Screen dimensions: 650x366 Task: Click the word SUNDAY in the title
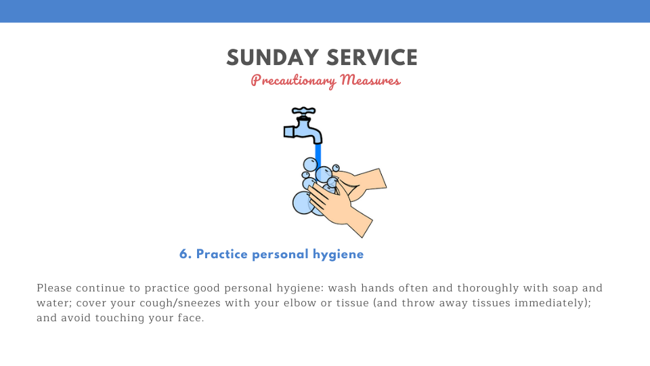[272, 58]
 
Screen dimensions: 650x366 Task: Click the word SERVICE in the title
[372, 58]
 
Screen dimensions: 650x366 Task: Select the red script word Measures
[370, 80]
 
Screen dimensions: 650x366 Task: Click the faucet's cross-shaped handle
[304, 111]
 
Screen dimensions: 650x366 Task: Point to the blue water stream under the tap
[318, 156]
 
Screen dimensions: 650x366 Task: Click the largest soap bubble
[303, 203]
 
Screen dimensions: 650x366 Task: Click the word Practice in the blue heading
[222, 254]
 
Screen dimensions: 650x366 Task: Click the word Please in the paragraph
[54, 288]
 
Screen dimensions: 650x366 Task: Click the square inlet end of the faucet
[289, 132]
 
